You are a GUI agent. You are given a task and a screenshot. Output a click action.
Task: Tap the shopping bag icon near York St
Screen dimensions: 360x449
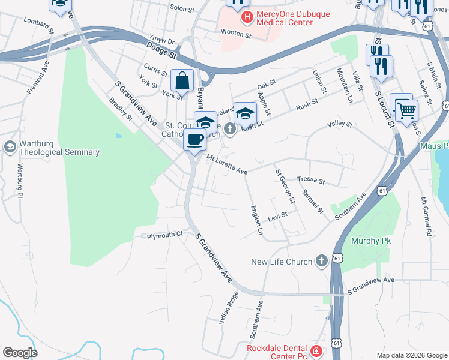tap(182, 80)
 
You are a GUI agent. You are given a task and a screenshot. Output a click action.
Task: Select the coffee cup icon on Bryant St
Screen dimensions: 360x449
tap(194, 140)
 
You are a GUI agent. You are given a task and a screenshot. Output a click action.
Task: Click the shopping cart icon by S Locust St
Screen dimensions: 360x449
tap(406, 110)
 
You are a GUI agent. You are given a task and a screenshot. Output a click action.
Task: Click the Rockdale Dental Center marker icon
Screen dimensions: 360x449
tap(316, 351)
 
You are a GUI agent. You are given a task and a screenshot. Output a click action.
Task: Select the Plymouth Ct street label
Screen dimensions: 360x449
tap(164, 235)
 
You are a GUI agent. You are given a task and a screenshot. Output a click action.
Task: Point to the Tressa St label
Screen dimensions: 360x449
tap(311, 180)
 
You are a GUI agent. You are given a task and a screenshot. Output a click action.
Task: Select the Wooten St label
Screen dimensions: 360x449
tap(236, 35)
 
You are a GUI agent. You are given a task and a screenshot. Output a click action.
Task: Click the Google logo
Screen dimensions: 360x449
tap(20, 352)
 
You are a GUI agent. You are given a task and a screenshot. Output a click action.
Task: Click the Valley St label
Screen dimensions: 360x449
tap(339, 124)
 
